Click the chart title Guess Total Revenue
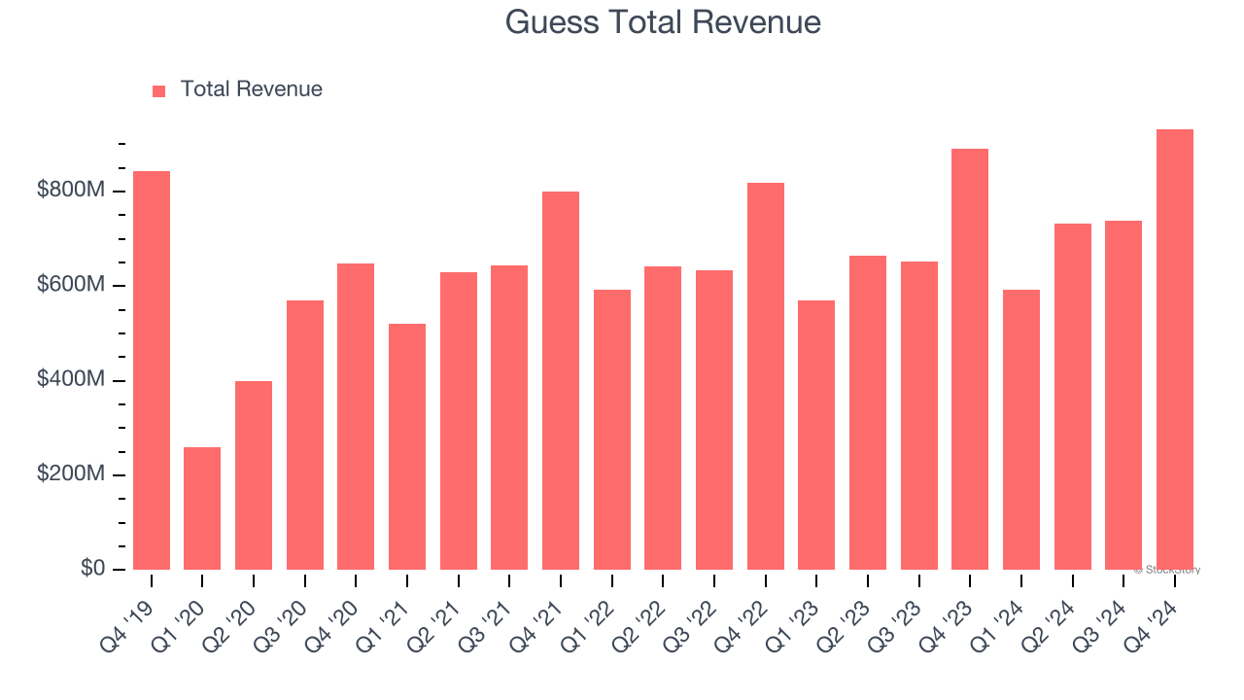663,21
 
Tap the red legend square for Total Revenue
159,90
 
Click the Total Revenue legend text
251,89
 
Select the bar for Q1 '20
202,508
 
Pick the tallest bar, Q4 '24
1175,350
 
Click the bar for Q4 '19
152,370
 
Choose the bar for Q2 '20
254,475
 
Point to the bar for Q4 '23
970,360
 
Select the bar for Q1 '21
407,447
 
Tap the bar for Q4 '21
561,381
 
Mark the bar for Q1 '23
816,436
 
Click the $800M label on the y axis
71,191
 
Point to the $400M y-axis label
71,380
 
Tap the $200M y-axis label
71,474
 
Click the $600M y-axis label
71,285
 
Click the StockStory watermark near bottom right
1167,570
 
